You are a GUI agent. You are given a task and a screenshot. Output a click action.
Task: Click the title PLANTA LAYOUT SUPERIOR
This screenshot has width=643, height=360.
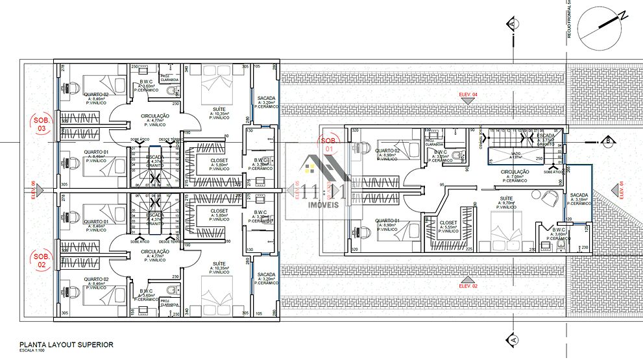coord(66,344)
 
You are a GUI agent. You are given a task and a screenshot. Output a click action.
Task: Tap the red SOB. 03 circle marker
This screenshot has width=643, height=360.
coord(41,123)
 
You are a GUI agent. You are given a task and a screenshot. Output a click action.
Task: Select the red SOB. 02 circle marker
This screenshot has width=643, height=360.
coord(41,260)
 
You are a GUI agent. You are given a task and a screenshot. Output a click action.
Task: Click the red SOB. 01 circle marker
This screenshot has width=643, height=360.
coord(329,143)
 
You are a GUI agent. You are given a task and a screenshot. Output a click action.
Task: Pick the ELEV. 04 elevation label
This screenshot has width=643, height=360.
coord(468,95)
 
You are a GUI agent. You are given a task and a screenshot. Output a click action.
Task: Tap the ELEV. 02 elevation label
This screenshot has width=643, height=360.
coord(468,285)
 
